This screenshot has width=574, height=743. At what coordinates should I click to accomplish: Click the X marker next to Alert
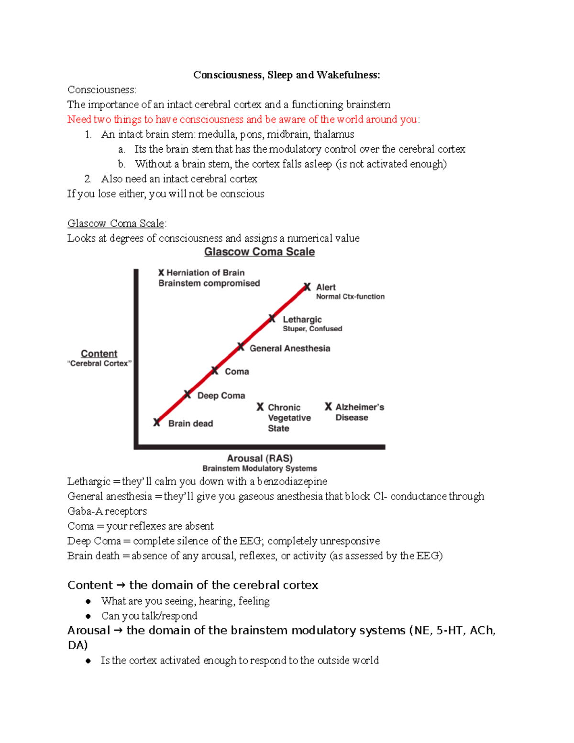click(307, 287)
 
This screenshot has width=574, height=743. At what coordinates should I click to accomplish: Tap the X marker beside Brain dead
click(157, 422)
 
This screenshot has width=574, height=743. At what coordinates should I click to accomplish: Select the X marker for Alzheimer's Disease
click(328, 407)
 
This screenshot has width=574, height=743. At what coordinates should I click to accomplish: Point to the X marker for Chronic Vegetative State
click(260, 407)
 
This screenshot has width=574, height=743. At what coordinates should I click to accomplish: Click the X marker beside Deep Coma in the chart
click(188, 395)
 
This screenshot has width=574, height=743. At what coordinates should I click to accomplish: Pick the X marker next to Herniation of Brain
click(161, 273)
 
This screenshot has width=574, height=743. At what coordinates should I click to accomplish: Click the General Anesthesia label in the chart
click(290, 348)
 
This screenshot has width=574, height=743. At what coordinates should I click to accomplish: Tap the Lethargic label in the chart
click(302, 319)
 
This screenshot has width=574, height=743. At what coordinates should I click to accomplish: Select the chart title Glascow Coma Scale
click(259, 252)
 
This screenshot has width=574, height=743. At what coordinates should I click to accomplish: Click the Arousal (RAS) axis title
click(260, 458)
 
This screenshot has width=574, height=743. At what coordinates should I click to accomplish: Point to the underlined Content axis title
click(99, 354)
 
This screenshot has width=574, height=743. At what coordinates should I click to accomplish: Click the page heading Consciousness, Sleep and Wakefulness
click(287, 75)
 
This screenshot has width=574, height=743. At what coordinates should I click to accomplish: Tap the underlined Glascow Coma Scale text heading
click(116, 223)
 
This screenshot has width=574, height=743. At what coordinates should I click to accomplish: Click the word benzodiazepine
click(292, 481)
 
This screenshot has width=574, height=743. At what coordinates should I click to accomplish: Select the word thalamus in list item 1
click(334, 134)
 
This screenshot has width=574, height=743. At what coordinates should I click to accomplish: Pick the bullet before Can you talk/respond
click(88, 616)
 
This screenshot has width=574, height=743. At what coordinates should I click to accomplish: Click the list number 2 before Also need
click(88, 179)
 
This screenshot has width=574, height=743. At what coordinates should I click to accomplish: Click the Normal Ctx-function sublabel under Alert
click(350, 297)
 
